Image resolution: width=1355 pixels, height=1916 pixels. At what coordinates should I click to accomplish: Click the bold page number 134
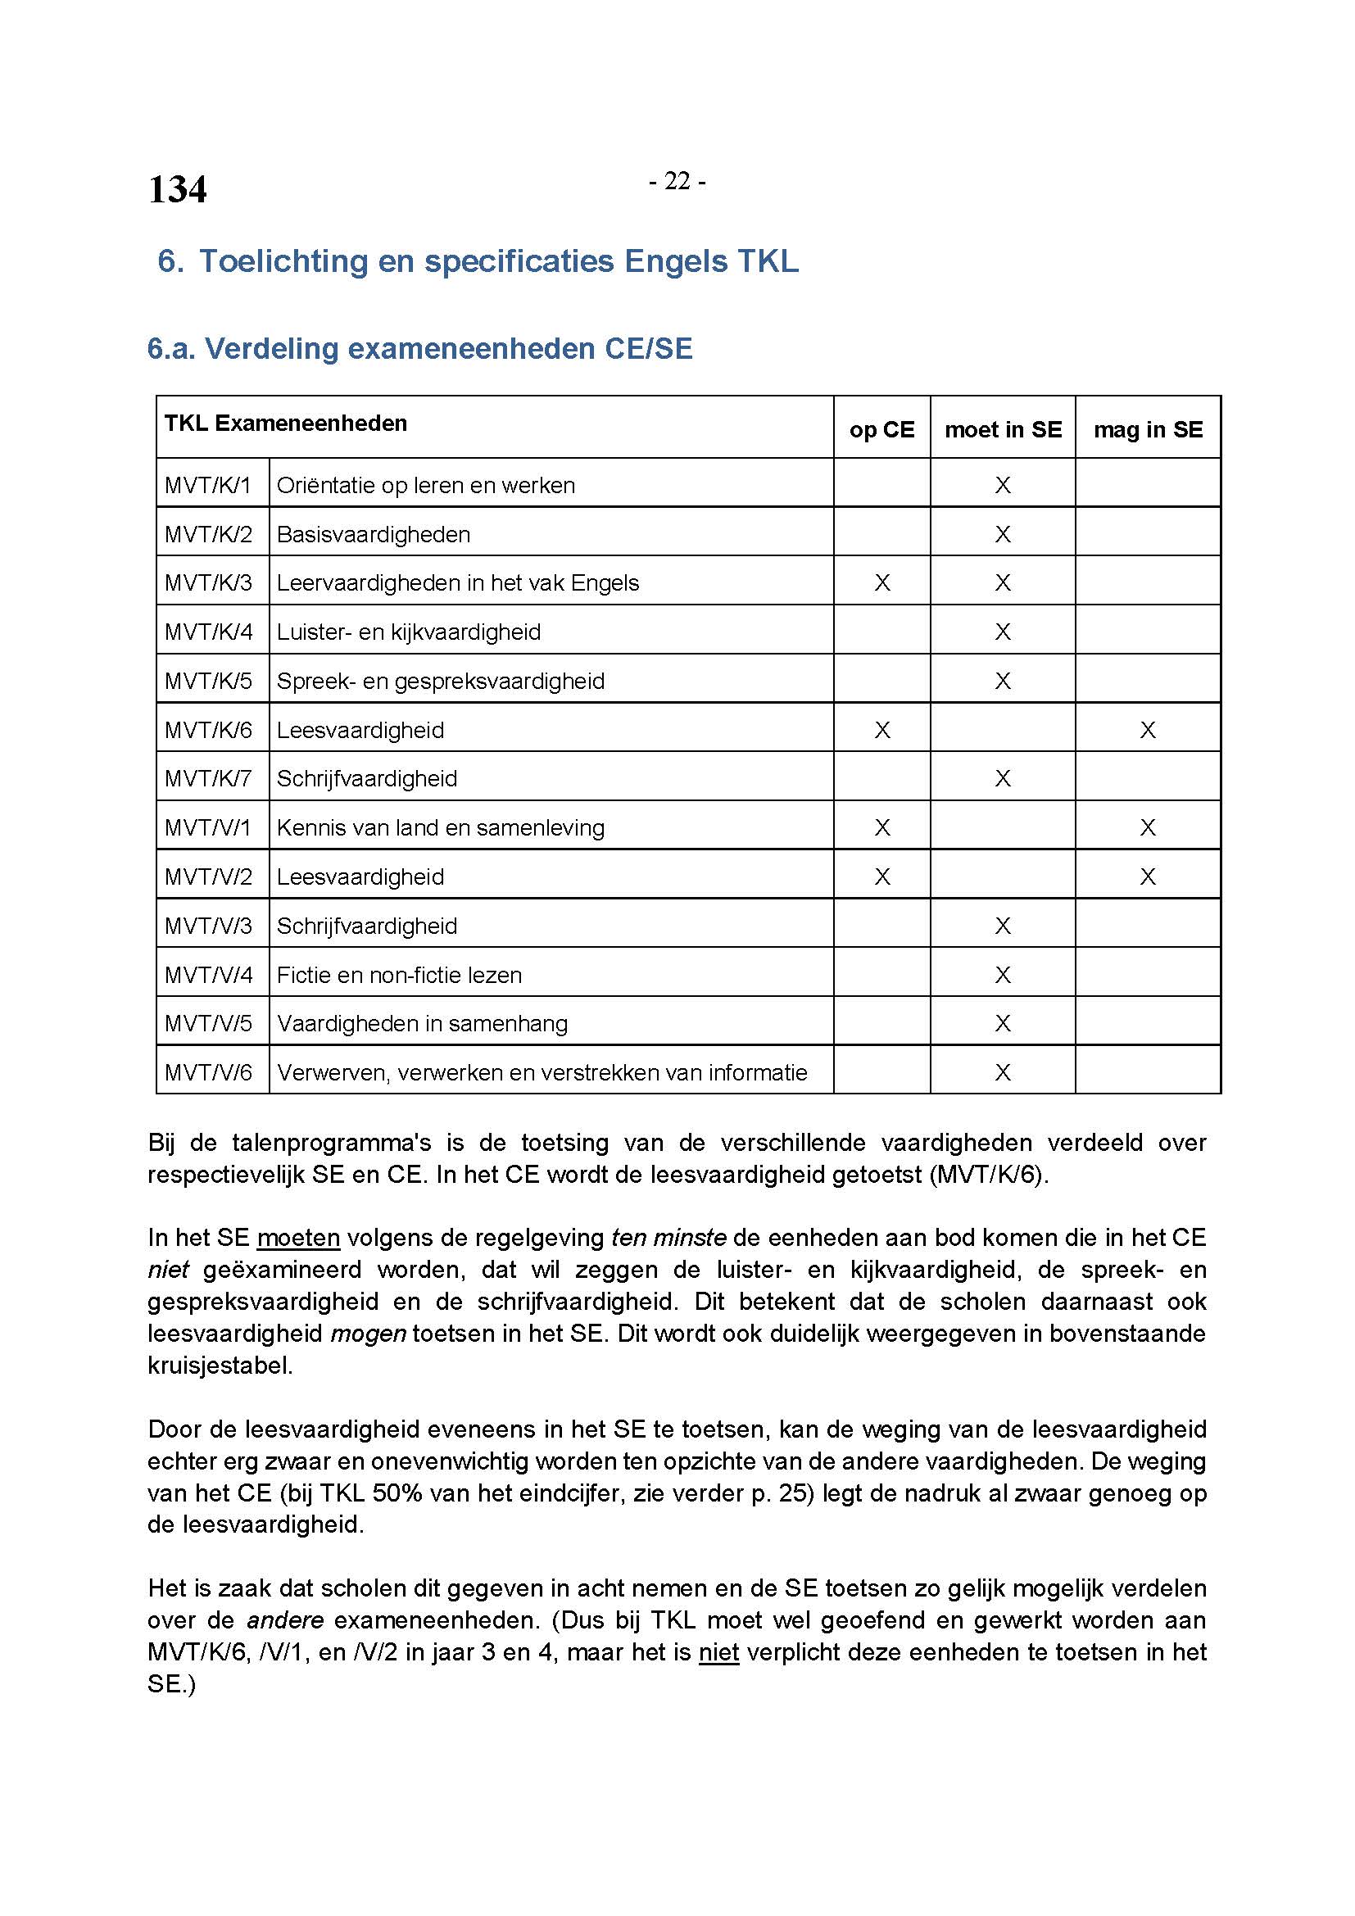pyautogui.click(x=177, y=189)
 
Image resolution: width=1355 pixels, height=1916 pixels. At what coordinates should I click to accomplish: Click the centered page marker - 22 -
pyautogui.click(x=677, y=181)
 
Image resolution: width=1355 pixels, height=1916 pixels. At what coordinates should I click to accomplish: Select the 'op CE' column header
pyautogui.click(x=882, y=429)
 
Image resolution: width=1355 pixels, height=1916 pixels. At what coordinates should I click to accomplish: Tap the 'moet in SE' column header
pyautogui.click(x=1003, y=429)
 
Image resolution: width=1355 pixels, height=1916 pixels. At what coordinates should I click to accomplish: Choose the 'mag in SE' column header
pyautogui.click(x=1148, y=429)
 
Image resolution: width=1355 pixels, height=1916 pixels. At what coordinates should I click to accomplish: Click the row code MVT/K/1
pyautogui.click(x=208, y=485)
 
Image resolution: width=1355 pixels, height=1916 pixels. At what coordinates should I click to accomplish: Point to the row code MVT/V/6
pyautogui.click(x=208, y=1072)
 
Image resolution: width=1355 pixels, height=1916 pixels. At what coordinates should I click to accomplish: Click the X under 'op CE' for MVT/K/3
pyautogui.click(x=882, y=582)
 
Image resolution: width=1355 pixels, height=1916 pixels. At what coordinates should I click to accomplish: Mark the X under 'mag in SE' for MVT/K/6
pyautogui.click(x=1148, y=730)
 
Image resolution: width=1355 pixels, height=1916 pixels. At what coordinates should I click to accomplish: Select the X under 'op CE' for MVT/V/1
pyautogui.click(x=882, y=828)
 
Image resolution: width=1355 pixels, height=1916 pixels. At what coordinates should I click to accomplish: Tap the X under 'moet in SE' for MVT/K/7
pyautogui.click(x=1003, y=778)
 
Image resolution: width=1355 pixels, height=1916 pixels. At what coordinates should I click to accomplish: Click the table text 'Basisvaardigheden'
pyautogui.click(x=373, y=534)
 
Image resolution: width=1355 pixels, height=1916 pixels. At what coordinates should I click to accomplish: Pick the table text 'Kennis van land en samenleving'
pyautogui.click(x=441, y=828)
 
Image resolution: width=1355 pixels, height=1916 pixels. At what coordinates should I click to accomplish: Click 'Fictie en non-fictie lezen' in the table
pyautogui.click(x=399, y=975)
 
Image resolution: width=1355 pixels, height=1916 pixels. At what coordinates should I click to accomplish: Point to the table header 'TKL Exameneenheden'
pyautogui.click(x=285, y=423)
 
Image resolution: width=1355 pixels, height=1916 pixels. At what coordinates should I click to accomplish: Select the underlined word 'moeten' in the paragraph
pyautogui.click(x=298, y=1238)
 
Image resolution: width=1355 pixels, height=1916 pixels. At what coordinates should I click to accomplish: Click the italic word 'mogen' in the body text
pyautogui.click(x=368, y=1333)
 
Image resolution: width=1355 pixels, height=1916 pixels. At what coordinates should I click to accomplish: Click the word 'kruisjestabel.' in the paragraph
pyautogui.click(x=220, y=1366)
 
